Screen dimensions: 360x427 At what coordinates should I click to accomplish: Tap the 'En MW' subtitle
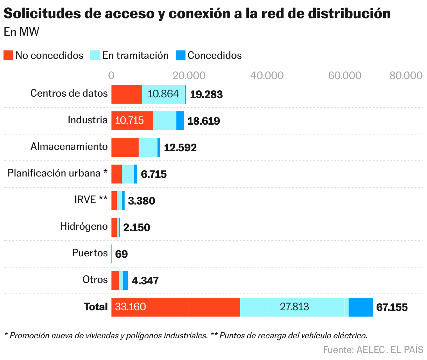click(21, 32)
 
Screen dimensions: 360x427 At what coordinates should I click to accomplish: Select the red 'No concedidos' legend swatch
click(8, 55)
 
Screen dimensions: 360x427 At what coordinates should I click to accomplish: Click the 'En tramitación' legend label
click(135, 55)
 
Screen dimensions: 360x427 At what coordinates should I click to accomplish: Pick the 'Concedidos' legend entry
click(214, 55)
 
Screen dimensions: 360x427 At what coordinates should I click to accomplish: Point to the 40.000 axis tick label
click(267, 75)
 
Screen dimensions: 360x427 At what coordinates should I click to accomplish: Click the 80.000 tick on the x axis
click(406, 75)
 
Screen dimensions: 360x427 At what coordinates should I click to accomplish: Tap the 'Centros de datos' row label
click(69, 93)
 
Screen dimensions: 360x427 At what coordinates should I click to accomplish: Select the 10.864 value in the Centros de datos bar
click(163, 94)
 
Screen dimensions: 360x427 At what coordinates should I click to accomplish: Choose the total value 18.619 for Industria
click(204, 121)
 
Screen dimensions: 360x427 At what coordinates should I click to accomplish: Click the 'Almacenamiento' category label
click(69, 146)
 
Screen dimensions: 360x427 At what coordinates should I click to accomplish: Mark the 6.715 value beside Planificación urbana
click(154, 174)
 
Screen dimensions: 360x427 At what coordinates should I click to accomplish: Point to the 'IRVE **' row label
click(91, 200)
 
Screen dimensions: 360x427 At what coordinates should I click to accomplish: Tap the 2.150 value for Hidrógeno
click(137, 227)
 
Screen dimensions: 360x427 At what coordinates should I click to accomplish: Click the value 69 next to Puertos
click(121, 254)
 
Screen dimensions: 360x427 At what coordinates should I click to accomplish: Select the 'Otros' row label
click(95, 279)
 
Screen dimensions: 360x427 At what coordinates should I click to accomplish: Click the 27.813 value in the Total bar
click(294, 307)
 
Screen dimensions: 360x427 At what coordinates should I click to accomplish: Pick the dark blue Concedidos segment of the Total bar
click(361, 307)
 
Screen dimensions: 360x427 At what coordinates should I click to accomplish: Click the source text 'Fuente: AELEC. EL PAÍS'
click(373, 349)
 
